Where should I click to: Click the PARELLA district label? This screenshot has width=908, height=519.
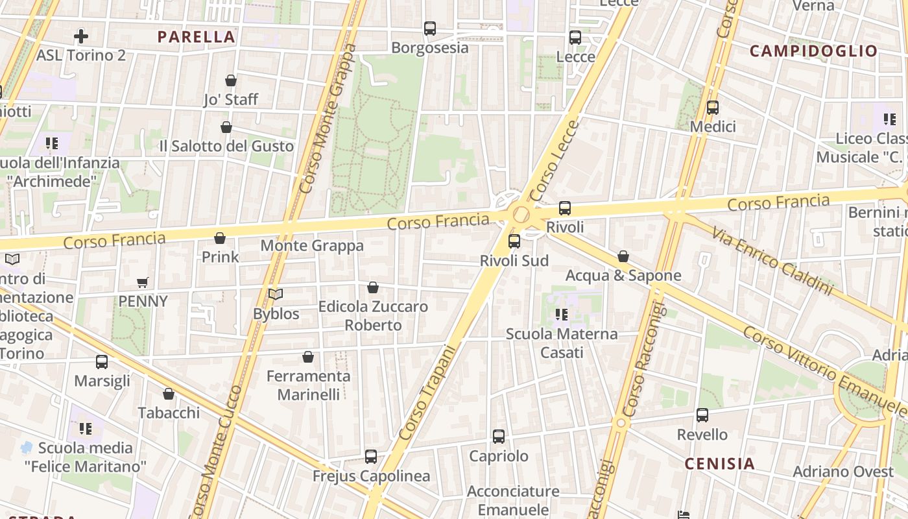(196, 37)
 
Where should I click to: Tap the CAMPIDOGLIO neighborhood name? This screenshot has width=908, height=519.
(813, 51)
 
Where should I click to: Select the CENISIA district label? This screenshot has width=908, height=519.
(720, 463)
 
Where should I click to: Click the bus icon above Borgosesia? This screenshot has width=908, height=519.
(430, 29)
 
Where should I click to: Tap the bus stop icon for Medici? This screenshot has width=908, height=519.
(713, 108)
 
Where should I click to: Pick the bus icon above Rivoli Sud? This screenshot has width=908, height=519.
(514, 241)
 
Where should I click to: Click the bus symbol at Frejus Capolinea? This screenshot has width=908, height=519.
(371, 457)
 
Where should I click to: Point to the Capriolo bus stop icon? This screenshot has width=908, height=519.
(499, 437)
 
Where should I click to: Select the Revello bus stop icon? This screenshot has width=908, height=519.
(702, 415)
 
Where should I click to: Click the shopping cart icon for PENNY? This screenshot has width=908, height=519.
(143, 282)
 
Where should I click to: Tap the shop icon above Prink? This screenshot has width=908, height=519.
(220, 238)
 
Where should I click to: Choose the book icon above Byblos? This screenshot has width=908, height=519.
(276, 295)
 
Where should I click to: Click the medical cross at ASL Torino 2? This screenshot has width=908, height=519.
(81, 36)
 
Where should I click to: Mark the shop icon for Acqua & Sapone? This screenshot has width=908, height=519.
(623, 256)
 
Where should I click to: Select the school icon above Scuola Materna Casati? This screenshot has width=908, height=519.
(562, 315)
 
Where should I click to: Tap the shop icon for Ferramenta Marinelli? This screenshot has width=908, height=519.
(308, 357)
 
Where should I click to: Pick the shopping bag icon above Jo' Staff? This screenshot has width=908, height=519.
(231, 80)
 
